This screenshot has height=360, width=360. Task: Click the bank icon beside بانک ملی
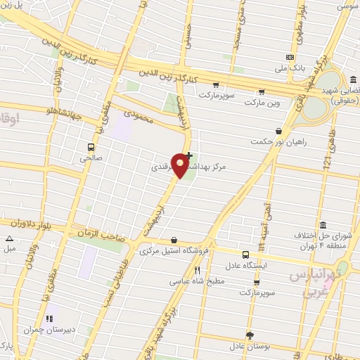(289, 57)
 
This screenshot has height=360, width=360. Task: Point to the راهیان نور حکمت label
(278, 142)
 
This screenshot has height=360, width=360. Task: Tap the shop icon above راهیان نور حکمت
(278, 131)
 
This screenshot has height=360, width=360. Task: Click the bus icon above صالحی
(91, 147)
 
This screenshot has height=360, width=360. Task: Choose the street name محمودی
(138, 115)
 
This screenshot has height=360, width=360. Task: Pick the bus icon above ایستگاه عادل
(245, 255)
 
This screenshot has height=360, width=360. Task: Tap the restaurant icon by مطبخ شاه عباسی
(198, 270)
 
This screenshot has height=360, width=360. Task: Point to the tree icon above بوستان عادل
(249, 335)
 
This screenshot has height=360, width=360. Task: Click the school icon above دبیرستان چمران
(49, 319)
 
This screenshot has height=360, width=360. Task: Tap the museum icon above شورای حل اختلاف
(323, 226)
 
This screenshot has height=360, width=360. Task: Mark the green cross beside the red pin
(189, 155)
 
